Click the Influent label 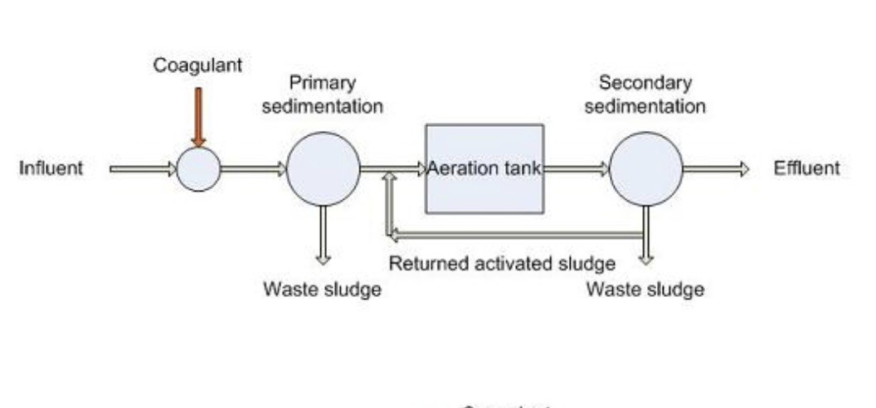coord(51,168)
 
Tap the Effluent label coord(806,168)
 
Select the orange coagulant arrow coord(197,116)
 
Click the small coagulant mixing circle coord(198,169)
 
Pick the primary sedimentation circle coord(323,169)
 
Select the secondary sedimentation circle coord(645,169)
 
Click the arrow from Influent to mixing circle coord(143,169)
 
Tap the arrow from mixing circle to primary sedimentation coord(253,169)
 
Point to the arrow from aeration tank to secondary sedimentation coord(577,169)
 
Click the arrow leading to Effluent coord(715,169)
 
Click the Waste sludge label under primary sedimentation coord(323,289)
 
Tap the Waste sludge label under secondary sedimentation coord(645,289)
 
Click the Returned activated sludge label coord(502,264)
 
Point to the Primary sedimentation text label coord(323,95)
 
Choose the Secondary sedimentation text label coord(645,95)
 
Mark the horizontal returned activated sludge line coord(514,236)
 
